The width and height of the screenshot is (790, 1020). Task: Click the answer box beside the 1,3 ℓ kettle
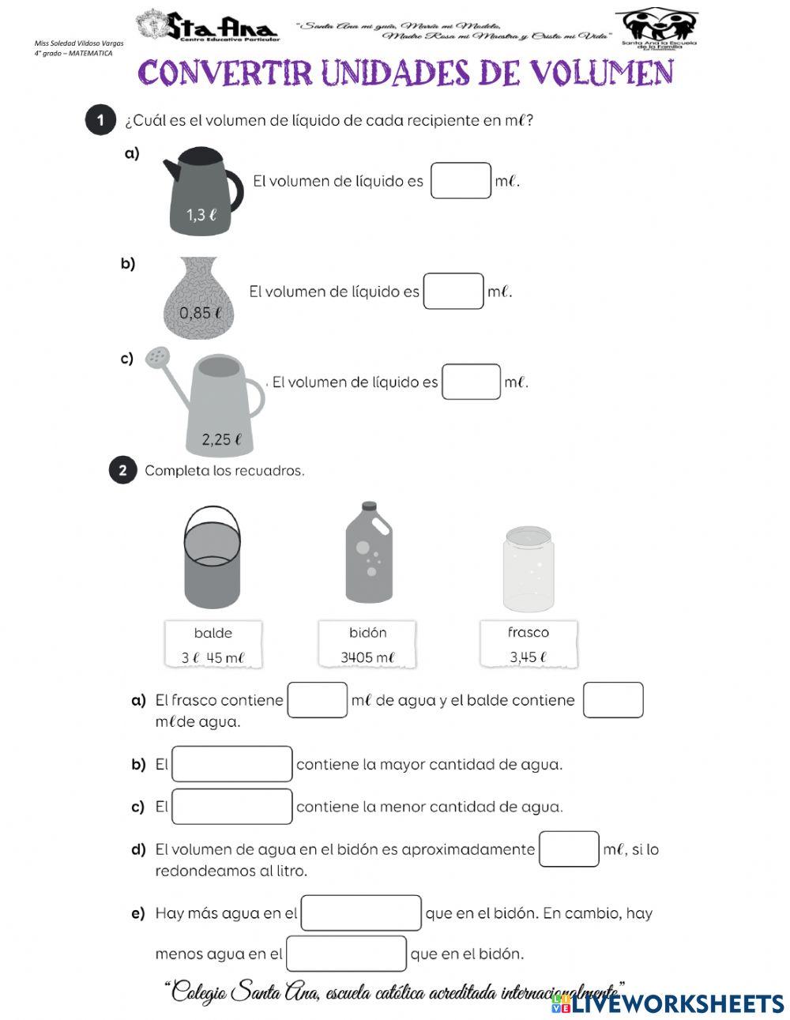pyautogui.click(x=461, y=181)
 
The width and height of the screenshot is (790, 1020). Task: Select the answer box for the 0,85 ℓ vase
pyautogui.click(x=453, y=292)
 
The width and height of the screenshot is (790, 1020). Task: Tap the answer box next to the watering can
pyautogui.click(x=472, y=382)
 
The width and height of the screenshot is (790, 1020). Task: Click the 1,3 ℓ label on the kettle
pyautogui.click(x=201, y=214)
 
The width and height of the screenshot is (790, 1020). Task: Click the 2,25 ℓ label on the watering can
pyautogui.click(x=220, y=439)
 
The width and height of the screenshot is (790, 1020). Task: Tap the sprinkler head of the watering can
pyautogui.click(x=158, y=357)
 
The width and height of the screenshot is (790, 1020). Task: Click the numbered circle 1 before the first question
pyautogui.click(x=100, y=120)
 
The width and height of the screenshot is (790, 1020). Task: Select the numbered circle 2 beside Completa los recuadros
pyautogui.click(x=122, y=470)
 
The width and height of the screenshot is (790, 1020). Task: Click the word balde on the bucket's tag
pyautogui.click(x=213, y=633)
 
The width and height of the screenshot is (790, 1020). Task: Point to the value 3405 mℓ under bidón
pyautogui.click(x=367, y=657)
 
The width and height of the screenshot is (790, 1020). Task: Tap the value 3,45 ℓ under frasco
pyautogui.click(x=529, y=657)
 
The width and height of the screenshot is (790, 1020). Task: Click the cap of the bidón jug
pyautogui.click(x=368, y=506)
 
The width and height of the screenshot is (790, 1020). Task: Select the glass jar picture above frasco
pyautogui.click(x=528, y=569)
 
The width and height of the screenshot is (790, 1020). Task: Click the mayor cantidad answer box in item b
pyautogui.click(x=232, y=764)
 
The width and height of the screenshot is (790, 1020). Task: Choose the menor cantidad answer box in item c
pyautogui.click(x=232, y=807)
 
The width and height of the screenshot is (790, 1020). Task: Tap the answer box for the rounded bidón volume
pyautogui.click(x=569, y=849)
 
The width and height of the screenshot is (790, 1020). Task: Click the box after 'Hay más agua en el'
pyautogui.click(x=361, y=913)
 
